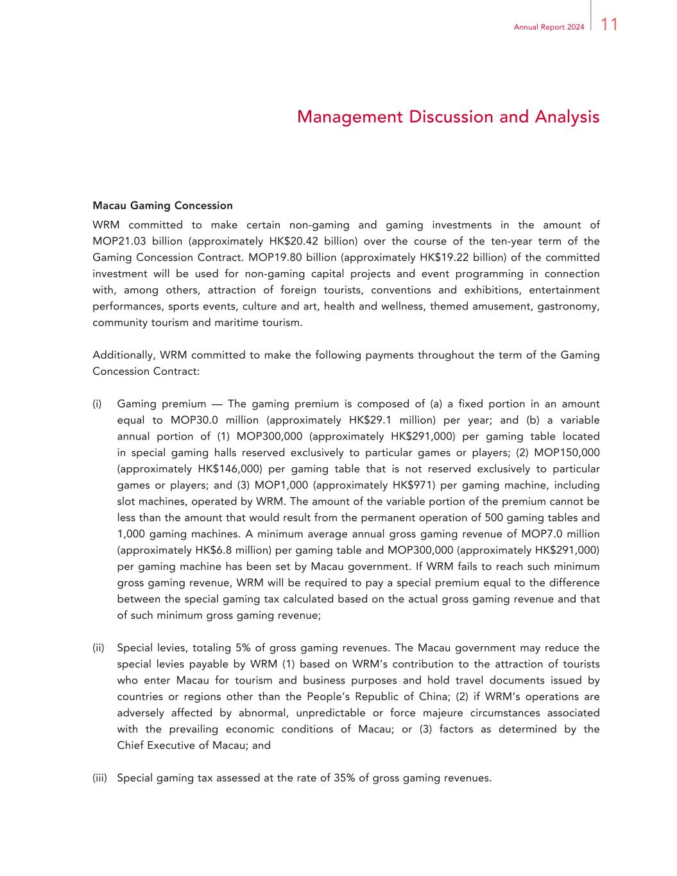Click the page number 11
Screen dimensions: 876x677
(610, 25)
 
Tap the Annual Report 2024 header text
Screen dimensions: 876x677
(549, 27)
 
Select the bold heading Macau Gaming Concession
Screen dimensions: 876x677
(162, 206)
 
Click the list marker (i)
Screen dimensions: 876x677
(97, 404)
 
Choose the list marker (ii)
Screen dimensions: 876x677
(98, 648)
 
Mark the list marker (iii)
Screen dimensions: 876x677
(99, 778)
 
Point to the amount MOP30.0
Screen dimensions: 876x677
(194, 420)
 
